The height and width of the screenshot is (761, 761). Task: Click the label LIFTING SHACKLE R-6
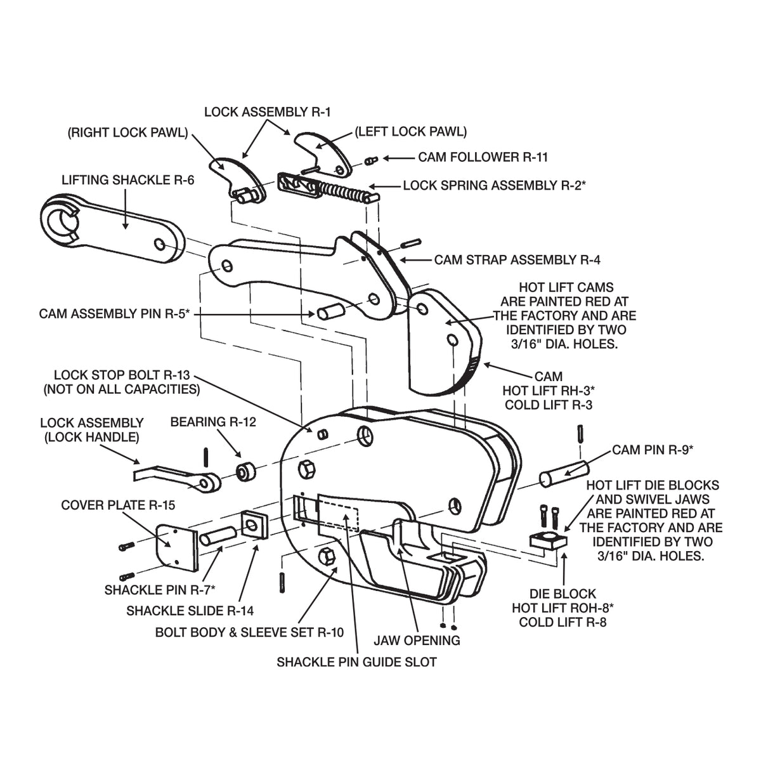click(x=128, y=180)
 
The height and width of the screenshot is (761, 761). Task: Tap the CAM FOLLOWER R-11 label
click(x=483, y=157)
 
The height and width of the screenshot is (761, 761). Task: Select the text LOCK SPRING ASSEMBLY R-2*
click(x=494, y=185)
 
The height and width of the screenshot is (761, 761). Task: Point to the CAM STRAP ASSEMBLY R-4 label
click(x=517, y=260)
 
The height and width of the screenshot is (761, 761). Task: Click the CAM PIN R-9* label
click(x=653, y=450)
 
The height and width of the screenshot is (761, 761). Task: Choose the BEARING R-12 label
click(x=213, y=422)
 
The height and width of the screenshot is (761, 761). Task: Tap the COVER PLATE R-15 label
click(x=118, y=505)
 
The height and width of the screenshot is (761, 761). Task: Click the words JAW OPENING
click(x=417, y=640)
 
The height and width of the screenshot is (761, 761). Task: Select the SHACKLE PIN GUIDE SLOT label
click(x=356, y=662)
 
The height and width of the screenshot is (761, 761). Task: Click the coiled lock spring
click(x=344, y=191)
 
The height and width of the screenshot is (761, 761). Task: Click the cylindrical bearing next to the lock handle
click(x=245, y=471)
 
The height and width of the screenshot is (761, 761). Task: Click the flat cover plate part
click(x=177, y=547)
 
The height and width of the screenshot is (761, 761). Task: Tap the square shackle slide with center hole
click(x=254, y=524)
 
